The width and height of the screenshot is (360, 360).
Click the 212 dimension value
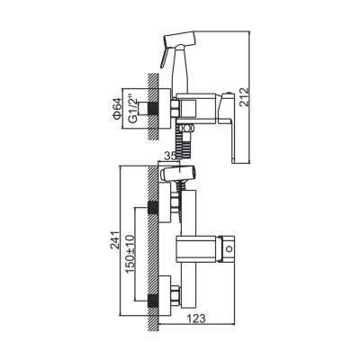pos(244,97)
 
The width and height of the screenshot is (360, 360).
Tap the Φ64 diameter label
pos(117,108)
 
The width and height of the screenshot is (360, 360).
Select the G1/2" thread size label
pos(132,108)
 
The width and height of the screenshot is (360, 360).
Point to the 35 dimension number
pos(170,156)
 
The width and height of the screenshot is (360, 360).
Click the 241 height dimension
pos(114,240)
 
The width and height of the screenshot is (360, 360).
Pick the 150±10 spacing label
pos(130,254)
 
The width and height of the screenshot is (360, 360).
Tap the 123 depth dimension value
pos(196,319)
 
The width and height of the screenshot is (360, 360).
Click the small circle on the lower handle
pos(229,249)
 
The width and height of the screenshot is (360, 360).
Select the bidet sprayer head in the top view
pos(179,40)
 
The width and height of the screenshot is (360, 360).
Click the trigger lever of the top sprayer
pos(164,58)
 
